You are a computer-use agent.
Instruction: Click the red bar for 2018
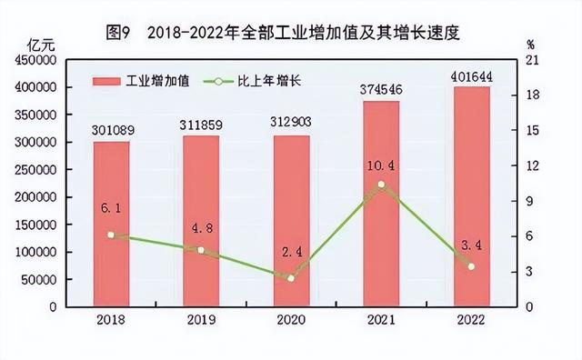[x=110, y=224]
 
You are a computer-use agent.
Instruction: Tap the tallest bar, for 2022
[x=471, y=196]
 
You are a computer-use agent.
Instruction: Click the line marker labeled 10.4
[x=381, y=185]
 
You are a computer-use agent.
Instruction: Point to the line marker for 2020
[x=291, y=277]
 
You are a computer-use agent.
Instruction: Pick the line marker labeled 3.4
[x=471, y=266]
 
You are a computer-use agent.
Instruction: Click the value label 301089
[x=110, y=131]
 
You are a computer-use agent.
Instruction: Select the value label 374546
[x=381, y=90]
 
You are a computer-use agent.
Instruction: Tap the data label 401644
[x=471, y=75]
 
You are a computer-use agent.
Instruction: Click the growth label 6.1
[x=110, y=208]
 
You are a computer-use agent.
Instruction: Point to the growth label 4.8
[x=200, y=224]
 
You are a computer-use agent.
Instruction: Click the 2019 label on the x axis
[x=200, y=320]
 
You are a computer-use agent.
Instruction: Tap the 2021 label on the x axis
[x=381, y=320]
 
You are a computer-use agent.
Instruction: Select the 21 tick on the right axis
[x=534, y=60]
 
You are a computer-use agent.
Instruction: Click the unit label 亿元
[x=44, y=44]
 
